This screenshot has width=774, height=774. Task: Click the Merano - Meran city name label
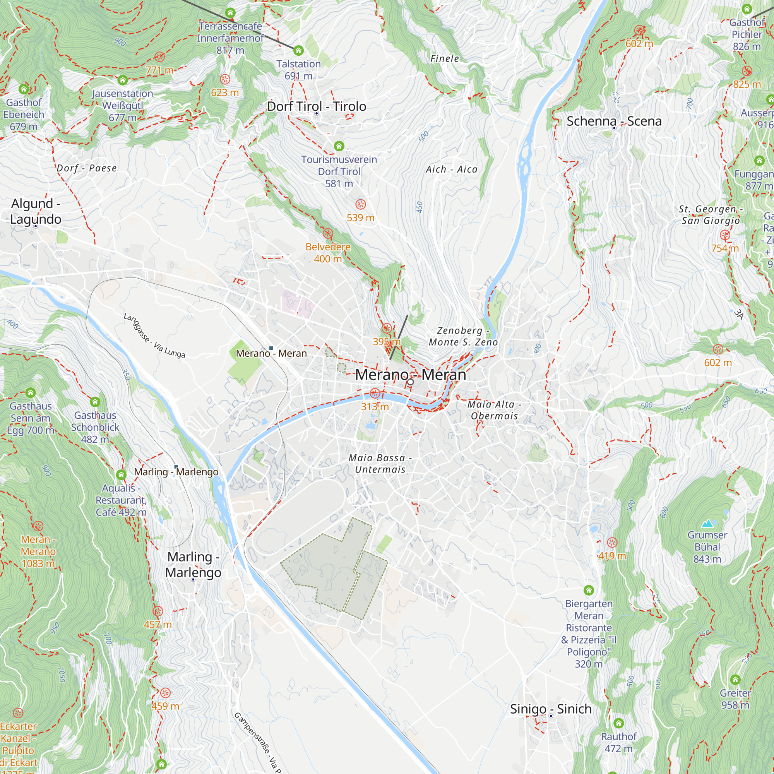click(410, 375)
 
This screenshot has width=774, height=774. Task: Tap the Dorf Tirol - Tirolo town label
click(317, 106)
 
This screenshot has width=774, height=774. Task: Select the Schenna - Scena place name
click(614, 121)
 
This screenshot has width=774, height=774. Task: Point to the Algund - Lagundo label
click(36, 211)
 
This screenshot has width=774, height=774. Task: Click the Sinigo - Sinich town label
click(550, 709)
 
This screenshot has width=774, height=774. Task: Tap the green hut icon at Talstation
click(298, 50)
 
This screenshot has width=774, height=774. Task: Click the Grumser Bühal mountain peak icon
click(707, 524)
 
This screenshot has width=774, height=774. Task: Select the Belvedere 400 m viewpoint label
click(328, 253)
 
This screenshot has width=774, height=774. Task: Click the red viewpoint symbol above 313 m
click(375, 393)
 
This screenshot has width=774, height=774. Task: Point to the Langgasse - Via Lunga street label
click(154, 336)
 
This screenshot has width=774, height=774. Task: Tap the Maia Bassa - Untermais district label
click(380, 464)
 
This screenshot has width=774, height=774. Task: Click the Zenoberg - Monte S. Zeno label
click(463, 336)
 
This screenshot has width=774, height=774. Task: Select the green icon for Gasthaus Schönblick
click(95, 402)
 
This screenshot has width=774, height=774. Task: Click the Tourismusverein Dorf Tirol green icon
click(339, 146)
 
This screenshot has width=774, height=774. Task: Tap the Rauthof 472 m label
click(618, 742)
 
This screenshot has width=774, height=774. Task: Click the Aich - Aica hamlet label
click(452, 170)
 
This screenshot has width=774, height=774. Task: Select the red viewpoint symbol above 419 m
click(612, 543)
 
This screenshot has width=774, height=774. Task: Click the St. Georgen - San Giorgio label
click(711, 215)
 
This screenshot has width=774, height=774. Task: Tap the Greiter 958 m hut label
click(735, 699)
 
